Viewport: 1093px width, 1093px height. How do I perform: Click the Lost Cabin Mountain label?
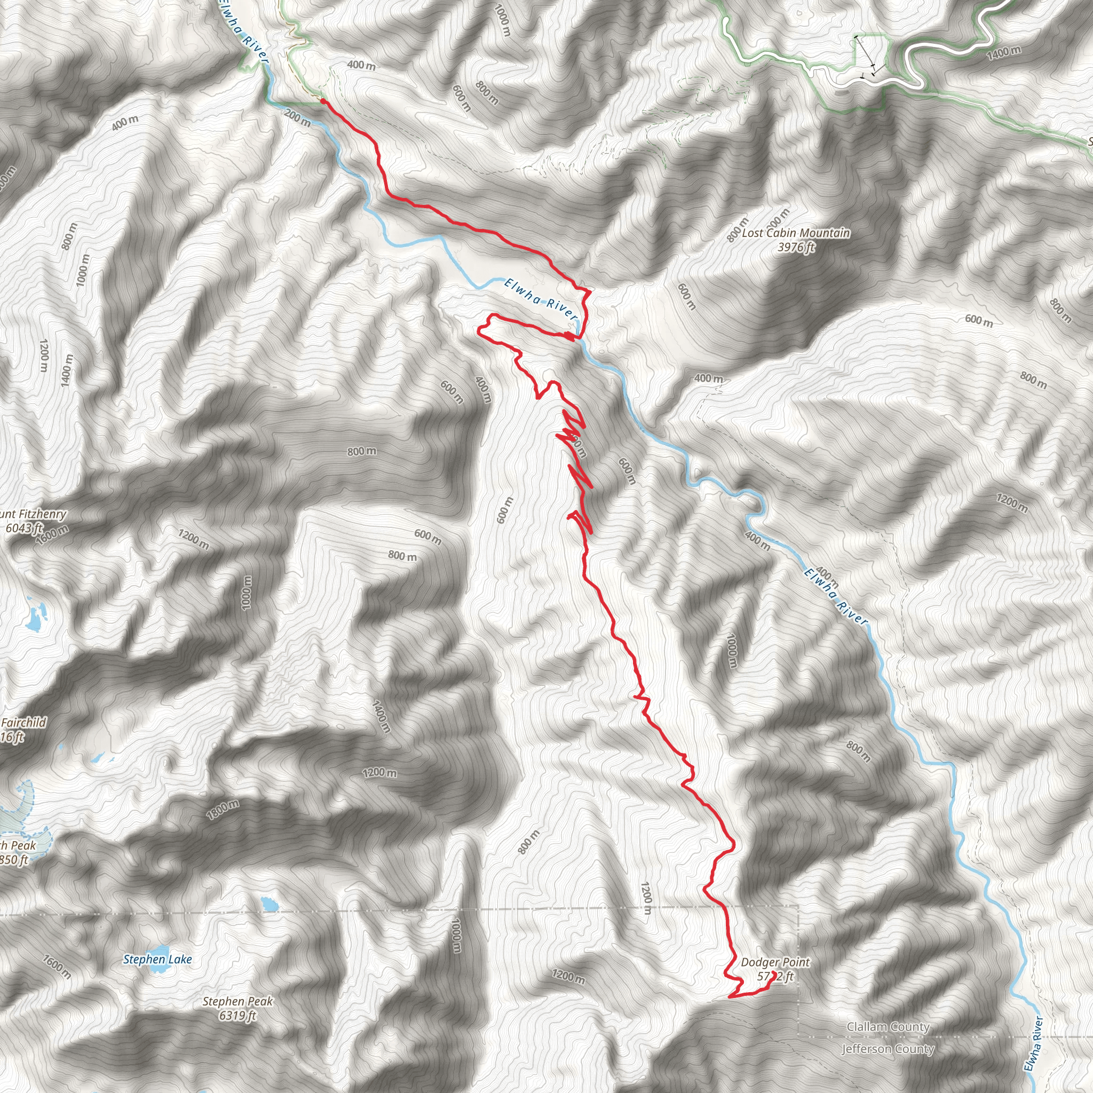click(795, 233)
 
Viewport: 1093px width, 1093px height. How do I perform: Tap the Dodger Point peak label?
click(775, 962)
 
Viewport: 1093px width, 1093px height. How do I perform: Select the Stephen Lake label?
click(157, 960)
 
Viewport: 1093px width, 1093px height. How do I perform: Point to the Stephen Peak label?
click(237, 1001)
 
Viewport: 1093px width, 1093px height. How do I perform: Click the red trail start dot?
click(322, 101)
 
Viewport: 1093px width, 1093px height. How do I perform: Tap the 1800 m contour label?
click(223, 810)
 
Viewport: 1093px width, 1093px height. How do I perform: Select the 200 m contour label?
click(298, 117)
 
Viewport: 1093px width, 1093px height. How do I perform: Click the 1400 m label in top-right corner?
click(1004, 53)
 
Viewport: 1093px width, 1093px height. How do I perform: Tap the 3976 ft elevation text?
click(795, 247)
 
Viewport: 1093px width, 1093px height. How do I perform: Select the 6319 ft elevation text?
click(237, 1016)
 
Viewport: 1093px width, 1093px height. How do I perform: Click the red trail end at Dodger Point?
click(773, 973)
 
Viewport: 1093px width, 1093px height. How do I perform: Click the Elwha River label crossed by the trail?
click(540, 298)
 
